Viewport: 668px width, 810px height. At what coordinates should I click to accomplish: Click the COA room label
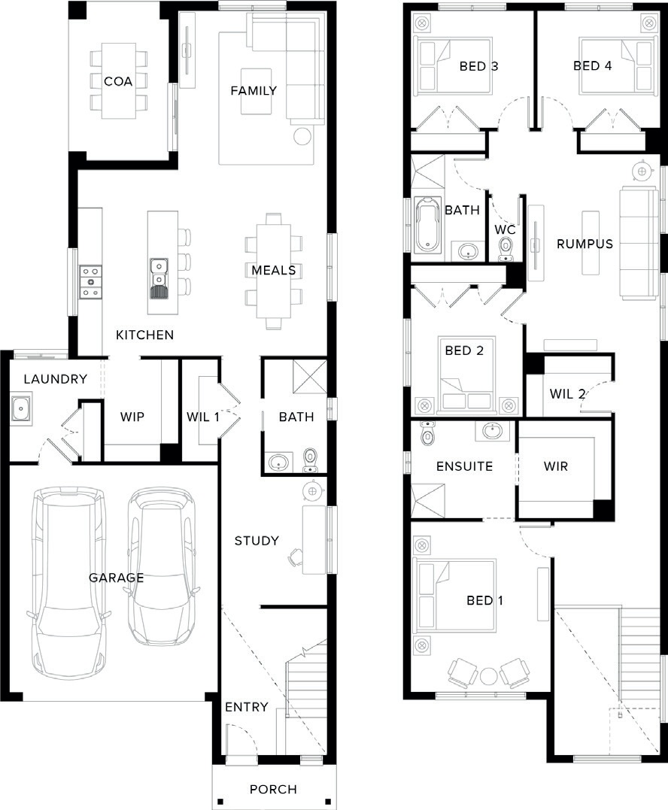[x=118, y=81]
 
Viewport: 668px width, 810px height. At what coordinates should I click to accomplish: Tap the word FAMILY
[x=254, y=90]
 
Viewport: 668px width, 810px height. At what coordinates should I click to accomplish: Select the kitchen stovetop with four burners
[x=90, y=282]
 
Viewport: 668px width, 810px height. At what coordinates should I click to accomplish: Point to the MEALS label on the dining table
[x=274, y=270]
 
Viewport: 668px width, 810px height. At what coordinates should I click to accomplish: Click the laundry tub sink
[x=20, y=408]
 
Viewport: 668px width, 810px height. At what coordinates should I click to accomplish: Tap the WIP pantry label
[x=132, y=417]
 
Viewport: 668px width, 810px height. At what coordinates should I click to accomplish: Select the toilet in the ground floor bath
[x=310, y=460]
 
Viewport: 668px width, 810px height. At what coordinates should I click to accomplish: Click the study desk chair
[x=296, y=557]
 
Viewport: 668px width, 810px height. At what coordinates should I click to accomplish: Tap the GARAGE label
[x=117, y=577]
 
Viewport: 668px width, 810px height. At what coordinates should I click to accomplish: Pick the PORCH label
[x=273, y=789]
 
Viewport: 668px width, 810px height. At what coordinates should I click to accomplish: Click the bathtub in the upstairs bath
[x=428, y=226]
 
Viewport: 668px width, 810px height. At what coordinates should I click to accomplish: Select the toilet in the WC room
[x=506, y=249]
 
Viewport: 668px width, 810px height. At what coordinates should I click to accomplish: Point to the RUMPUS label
[x=584, y=244]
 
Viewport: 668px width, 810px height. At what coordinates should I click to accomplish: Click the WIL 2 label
[x=567, y=393]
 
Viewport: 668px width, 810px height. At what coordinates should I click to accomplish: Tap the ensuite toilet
[x=428, y=433]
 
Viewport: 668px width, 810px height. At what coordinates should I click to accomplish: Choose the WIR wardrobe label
[x=556, y=466]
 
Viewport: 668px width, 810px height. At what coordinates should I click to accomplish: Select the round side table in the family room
[x=302, y=136]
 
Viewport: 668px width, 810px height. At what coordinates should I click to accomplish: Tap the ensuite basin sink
[x=492, y=429]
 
